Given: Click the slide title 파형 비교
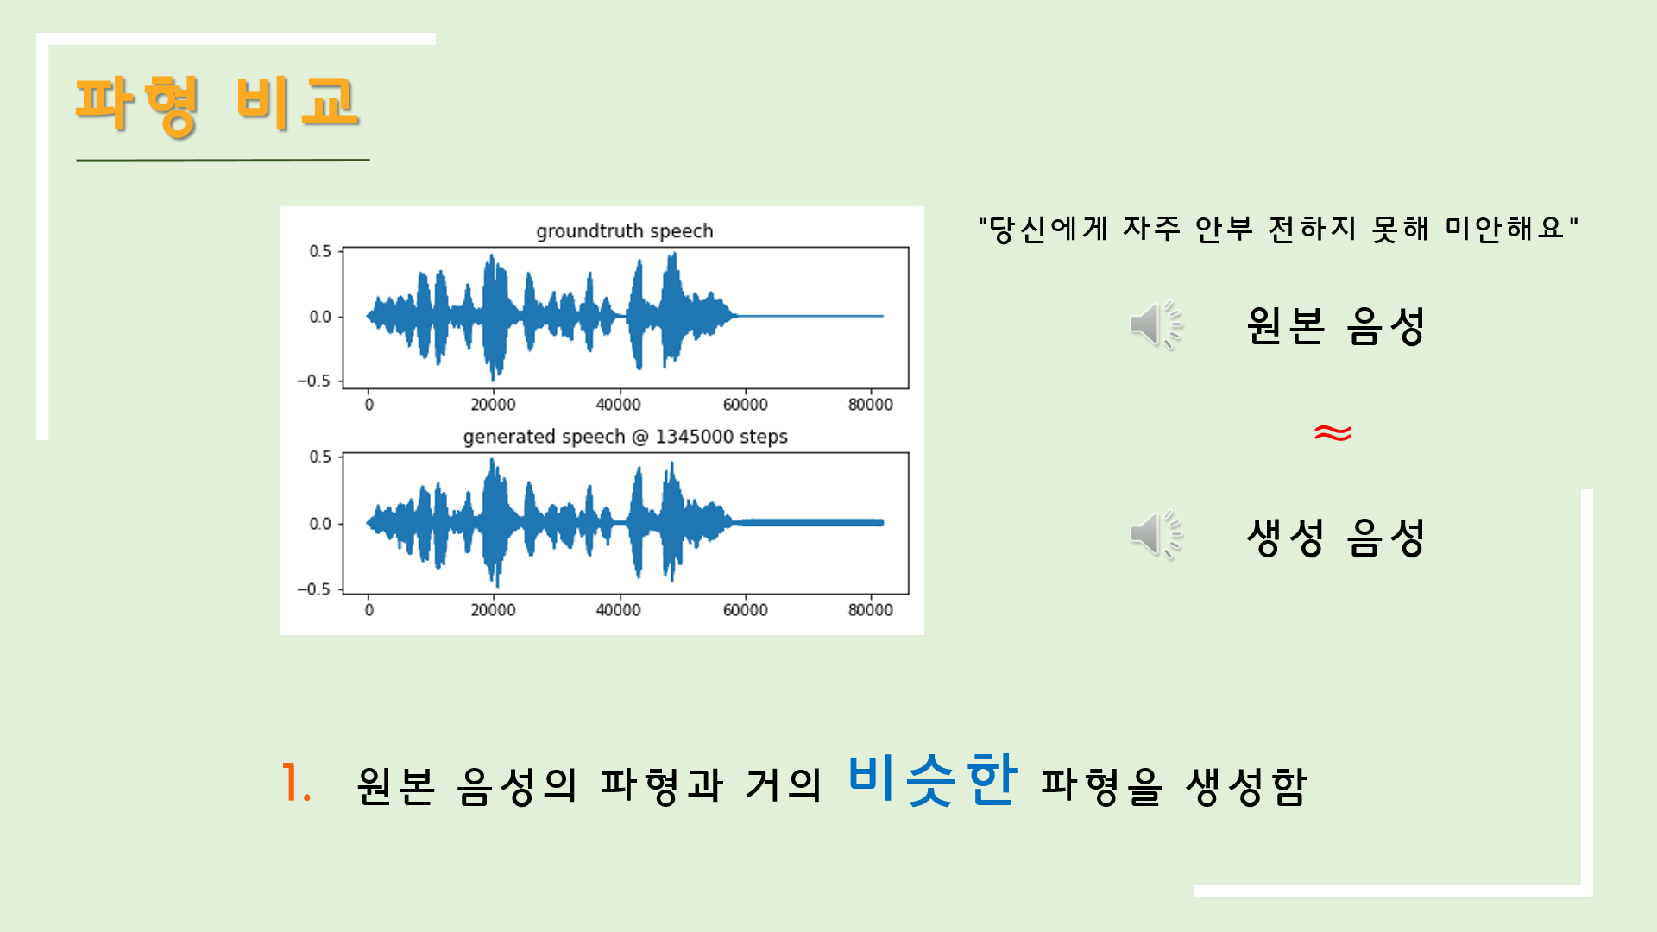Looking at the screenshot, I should coord(217,104).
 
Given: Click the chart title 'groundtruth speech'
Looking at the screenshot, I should coord(624,231).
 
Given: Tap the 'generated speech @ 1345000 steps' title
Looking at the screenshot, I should coord(625,437).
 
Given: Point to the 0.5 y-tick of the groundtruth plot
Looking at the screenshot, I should coord(320,251).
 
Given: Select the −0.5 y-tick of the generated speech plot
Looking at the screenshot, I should coord(313,589).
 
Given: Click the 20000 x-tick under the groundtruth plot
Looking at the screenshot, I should coord(493,405).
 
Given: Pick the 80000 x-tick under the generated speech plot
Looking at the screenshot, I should coord(870,610).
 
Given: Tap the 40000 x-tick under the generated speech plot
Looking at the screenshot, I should coord(618,610).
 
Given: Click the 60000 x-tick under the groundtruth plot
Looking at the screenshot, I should coord(745,405).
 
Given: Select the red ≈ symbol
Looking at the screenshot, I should coord(1333,432).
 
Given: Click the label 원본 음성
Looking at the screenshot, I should coord(1335,326).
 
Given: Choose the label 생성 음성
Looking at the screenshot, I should coord(1335,538).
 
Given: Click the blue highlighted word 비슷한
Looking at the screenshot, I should coord(932,780).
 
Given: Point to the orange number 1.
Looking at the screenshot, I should coord(295,784).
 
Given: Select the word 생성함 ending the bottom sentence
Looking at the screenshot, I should coord(1246,786).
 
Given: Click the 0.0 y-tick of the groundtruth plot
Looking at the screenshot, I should coord(320,317).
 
